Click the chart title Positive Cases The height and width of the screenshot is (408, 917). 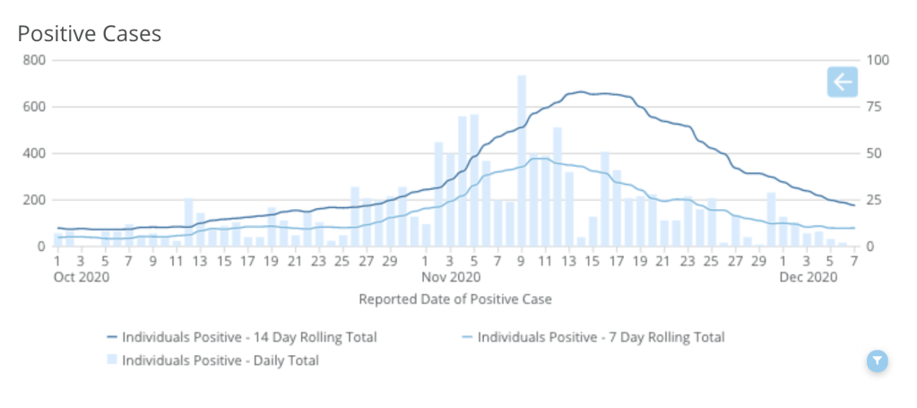click(x=90, y=34)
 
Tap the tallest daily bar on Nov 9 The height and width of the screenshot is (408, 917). click(x=522, y=161)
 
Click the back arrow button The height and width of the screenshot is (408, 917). click(x=842, y=82)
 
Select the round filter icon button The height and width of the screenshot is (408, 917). click(x=878, y=360)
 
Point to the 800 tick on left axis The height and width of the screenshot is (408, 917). click(x=37, y=60)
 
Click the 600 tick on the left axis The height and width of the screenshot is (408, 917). click(x=37, y=107)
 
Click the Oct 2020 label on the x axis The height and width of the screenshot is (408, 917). click(x=82, y=277)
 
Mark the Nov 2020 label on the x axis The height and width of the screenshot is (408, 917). click(x=452, y=277)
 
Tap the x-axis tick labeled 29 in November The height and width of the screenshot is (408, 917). click(x=759, y=261)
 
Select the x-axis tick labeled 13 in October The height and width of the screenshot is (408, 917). click(x=200, y=261)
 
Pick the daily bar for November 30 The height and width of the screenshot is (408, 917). click(x=771, y=220)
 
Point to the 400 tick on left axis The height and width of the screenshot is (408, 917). click(x=37, y=153)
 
